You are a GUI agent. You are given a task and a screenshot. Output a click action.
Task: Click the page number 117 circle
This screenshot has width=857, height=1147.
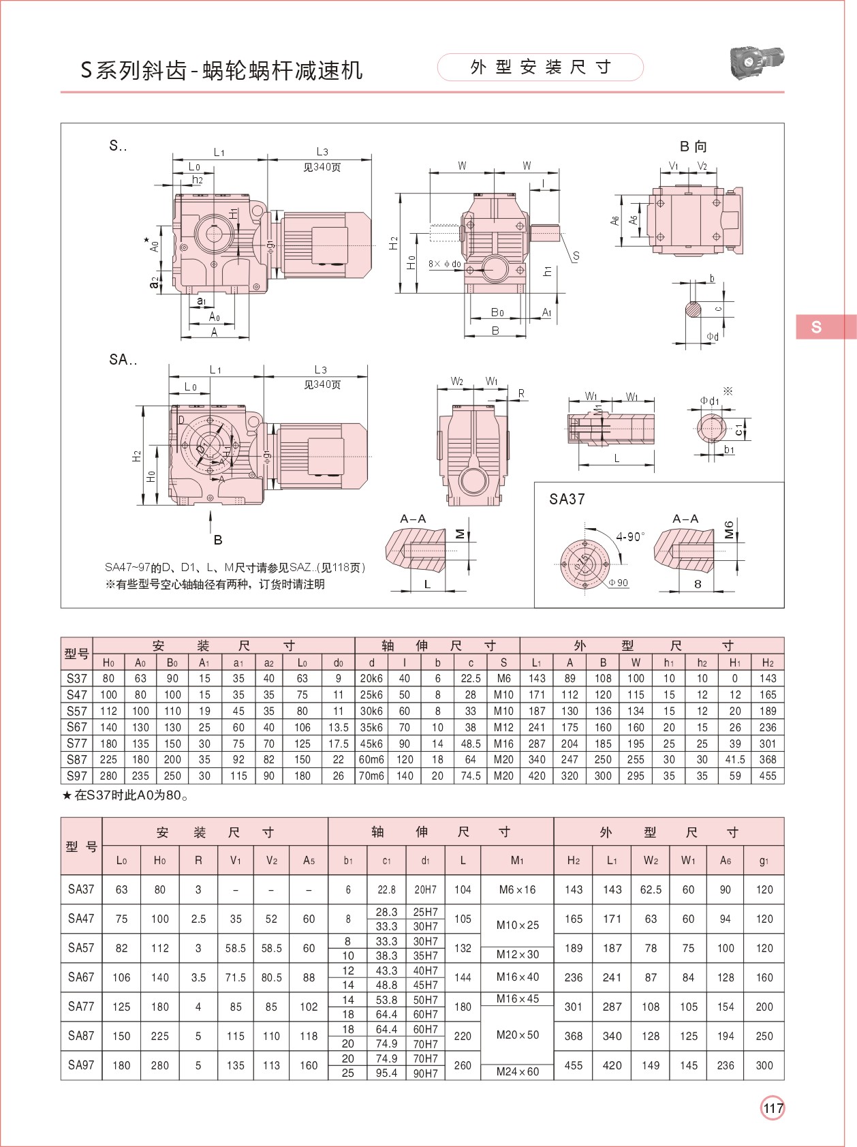[x=773, y=1108]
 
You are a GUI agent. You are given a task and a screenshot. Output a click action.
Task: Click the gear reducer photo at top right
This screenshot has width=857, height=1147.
[x=755, y=63]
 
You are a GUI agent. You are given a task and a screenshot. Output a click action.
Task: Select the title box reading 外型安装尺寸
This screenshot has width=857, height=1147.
[x=540, y=67]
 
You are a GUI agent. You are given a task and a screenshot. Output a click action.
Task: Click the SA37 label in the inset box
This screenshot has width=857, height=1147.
[x=567, y=500]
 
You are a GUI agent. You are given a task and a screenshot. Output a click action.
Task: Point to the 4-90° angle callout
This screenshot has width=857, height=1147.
[x=629, y=537]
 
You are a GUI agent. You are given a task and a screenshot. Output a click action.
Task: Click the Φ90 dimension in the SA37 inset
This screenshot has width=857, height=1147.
[x=619, y=583]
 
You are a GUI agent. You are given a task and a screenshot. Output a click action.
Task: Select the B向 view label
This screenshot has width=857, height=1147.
[x=693, y=146]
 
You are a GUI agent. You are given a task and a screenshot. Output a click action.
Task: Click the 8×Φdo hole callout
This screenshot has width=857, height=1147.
[x=444, y=264]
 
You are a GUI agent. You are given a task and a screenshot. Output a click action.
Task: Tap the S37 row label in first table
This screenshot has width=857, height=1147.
[x=77, y=678]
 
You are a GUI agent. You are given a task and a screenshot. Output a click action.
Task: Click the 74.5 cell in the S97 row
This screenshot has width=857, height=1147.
[x=470, y=776]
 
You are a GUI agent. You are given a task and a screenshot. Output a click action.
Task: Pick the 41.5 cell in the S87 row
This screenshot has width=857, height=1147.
[x=734, y=759]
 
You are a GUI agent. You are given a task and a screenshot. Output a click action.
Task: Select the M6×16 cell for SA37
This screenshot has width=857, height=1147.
[x=517, y=889]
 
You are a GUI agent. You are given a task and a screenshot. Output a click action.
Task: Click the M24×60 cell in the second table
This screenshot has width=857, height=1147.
[x=517, y=1071]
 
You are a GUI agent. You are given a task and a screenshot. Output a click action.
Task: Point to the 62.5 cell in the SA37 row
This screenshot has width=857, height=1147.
[x=651, y=889]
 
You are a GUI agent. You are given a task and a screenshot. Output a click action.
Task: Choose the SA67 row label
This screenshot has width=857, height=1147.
[x=81, y=977]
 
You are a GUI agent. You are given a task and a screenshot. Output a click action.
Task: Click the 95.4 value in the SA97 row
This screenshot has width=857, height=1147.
[x=386, y=1073]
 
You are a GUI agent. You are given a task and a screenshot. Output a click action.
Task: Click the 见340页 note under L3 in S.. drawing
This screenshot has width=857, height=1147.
[x=322, y=167]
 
